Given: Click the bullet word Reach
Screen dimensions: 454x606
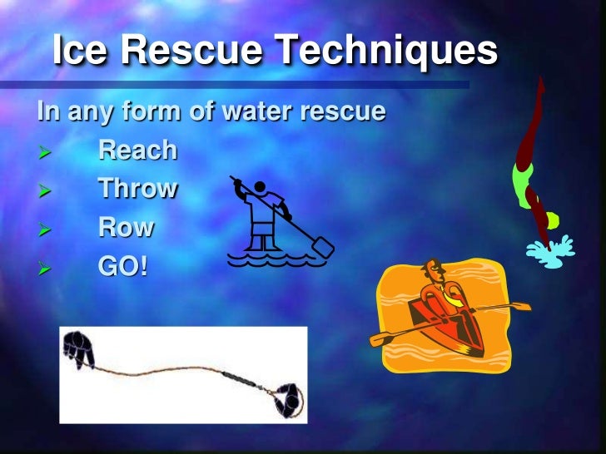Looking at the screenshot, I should pos(137,151).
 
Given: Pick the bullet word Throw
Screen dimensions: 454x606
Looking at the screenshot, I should pos(137,189).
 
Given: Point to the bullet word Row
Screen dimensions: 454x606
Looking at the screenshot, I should pos(127,227).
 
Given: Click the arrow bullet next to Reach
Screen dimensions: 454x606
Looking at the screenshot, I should pos(46,152).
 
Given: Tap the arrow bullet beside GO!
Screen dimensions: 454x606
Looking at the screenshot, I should pos(46,269).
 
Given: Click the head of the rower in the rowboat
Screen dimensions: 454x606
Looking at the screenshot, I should pos(434,272).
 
